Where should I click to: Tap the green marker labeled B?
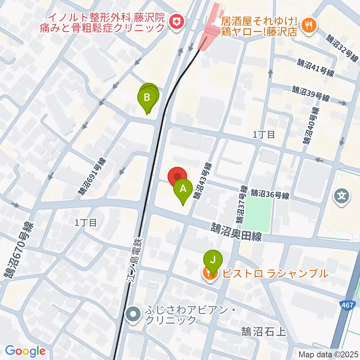click(x=147, y=98)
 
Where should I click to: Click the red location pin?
click(x=177, y=176)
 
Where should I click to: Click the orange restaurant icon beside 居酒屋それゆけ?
click(x=309, y=25)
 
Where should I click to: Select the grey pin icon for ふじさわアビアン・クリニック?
click(x=133, y=315)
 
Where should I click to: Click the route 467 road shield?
click(x=348, y=306)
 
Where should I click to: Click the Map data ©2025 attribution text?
click(x=328, y=354)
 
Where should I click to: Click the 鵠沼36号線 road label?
click(x=270, y=194)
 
